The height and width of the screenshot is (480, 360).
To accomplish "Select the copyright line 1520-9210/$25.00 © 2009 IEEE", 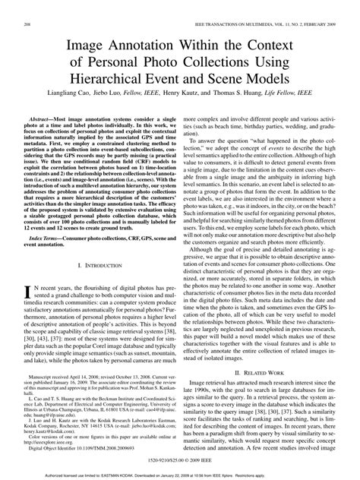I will (x=179, y=461).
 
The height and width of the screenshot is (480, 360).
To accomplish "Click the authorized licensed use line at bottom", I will (x=179, y=475).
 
